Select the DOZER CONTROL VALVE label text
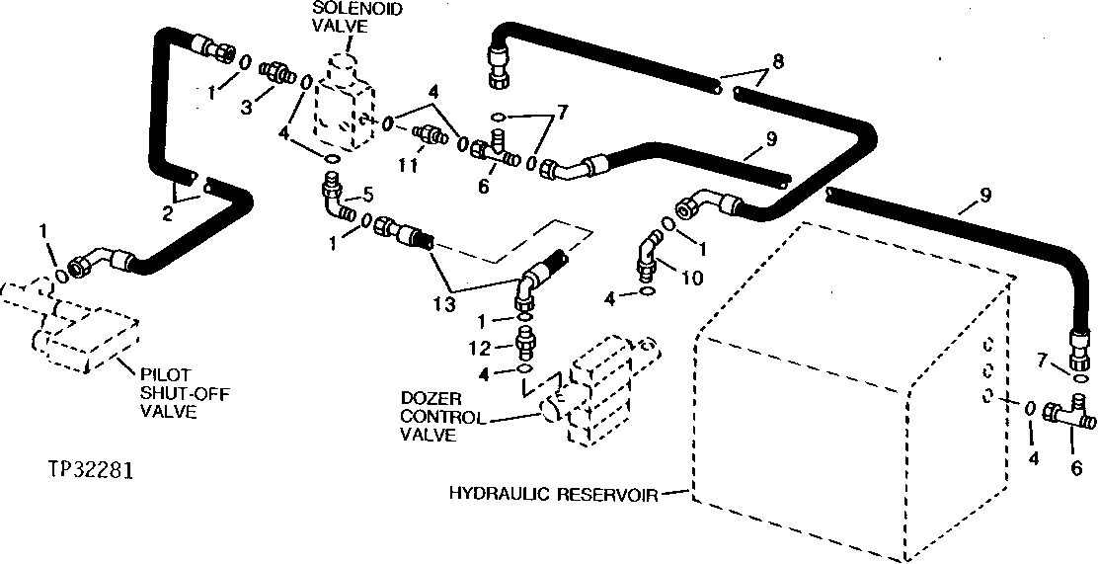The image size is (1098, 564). coord(442,416)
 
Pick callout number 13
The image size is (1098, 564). coord(443,306)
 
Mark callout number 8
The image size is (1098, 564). coord(778,61)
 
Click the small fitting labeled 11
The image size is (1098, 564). coord(428,132)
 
